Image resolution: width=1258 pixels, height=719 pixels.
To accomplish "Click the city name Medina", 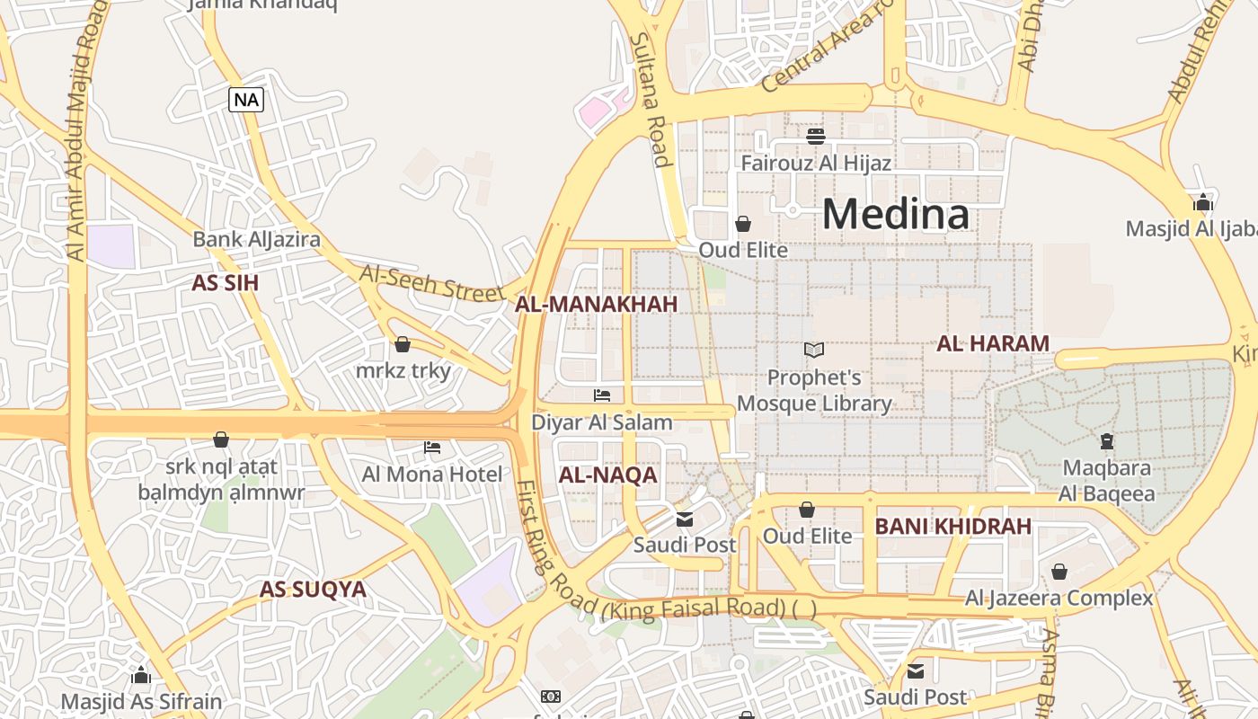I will click(896, 215).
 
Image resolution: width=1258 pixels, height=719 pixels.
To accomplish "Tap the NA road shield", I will click(246, 99).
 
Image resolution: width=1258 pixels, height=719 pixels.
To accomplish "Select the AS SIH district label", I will click(225, 283).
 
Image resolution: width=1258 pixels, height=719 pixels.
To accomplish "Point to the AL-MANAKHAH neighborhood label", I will click(596, 305).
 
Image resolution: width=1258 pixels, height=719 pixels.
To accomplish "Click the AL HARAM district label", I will click(993, 343).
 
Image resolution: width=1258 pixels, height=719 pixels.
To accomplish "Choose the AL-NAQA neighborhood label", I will click(607, 475).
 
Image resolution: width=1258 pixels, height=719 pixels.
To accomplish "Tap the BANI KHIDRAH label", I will click(952, 527).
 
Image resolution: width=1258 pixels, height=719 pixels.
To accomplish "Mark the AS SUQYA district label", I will click(313, 590).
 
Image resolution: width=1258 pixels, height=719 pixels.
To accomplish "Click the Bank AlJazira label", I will click(256, 240).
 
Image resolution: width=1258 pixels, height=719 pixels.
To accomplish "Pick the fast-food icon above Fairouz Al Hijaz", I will click(816, 137).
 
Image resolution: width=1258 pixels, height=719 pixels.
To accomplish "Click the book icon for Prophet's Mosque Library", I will click(814, 350).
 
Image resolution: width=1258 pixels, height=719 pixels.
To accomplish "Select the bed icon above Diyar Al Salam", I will click(602, 395).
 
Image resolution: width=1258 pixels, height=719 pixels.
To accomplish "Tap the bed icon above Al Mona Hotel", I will click(432, 447).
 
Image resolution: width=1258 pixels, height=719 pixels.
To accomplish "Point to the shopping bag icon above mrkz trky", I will click(403, 344).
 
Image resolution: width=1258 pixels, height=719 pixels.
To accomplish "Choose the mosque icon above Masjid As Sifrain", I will click(141, 675).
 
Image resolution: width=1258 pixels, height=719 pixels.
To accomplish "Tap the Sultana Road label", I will click(651, 99).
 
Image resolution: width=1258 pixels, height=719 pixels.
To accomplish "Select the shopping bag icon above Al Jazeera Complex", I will click(1059, 572).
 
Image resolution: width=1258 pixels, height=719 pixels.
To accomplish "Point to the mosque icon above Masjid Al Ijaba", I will click(1203, 202).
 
